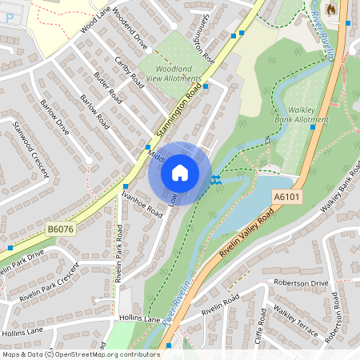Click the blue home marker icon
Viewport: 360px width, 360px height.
180,173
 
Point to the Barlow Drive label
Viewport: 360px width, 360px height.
54,118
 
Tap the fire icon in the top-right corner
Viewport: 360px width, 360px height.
331,9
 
